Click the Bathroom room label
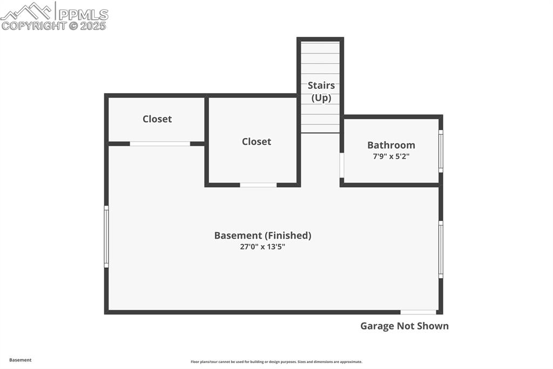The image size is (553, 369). pos(391,145)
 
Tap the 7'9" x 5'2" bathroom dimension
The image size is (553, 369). pos(391,156)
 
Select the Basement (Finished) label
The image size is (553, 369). pos(262,235)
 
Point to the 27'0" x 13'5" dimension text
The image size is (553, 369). pos(262,247)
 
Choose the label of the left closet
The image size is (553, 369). pos(157,119)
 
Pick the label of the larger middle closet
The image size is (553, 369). pos(256,141)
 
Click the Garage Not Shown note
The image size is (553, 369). pos(404,326)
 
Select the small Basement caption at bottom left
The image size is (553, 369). pos(20,360)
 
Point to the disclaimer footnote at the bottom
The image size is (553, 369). pos(276,362)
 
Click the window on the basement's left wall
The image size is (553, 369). pos(106,236)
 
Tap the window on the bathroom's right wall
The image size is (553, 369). pos(441,151)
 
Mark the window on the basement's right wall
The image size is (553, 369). pos(441,249)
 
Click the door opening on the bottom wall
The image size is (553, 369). pos(418,312)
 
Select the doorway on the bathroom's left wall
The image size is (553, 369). pos(342,166)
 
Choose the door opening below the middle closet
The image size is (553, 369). pos(258,185)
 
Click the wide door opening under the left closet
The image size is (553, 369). pos(160,144)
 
